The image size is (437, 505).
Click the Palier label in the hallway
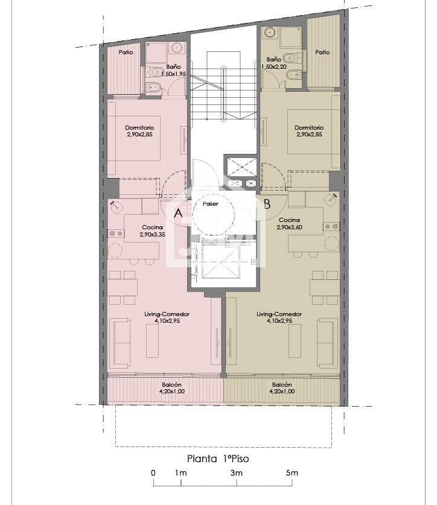coord(211,204)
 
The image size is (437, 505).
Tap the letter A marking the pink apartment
coord(178,213)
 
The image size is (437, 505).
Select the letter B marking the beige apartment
coord(267,204)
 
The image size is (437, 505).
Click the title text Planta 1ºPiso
coord(218,459)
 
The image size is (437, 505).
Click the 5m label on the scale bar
coord(292,473)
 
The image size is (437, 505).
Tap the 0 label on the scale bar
coord(153,473)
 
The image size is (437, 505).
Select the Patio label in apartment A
coord(126,52)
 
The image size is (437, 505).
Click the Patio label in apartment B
coord(322,52)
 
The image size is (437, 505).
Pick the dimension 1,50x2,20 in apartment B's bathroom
coord(274,67)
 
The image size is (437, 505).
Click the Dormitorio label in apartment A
coord(139,127)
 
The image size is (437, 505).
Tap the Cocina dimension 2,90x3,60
coord(289,227)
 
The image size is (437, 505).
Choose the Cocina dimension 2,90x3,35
coord(153,235)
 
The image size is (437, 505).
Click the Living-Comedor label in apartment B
coord(279,314)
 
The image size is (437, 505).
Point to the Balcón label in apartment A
coord(172,384)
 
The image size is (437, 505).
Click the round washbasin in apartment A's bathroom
coord(177,48)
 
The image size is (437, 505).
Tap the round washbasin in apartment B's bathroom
coord(269,32)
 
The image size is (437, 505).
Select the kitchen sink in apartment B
coord(331,200)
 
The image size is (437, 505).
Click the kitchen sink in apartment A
coord(116,207)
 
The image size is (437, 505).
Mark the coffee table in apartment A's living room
coord(153,341)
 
